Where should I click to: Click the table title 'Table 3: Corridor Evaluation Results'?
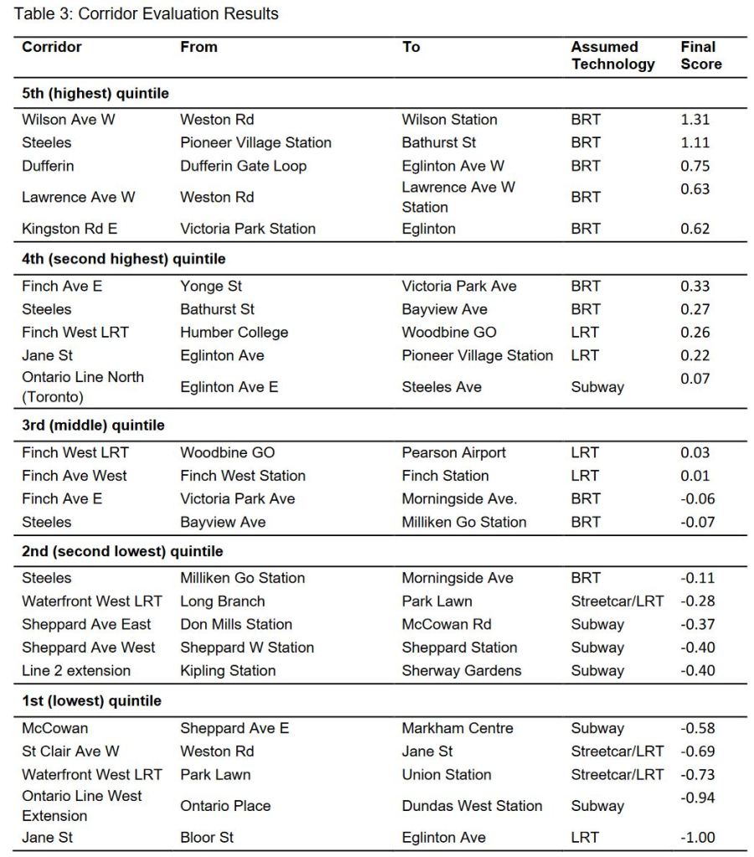(x=146, y=14)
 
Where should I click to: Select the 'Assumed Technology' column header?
(x=612, y=55)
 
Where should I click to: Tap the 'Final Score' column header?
(x=700, y=55)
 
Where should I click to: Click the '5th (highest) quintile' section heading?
(x=96, y=93)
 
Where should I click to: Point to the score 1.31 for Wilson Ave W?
(x=695, y=120)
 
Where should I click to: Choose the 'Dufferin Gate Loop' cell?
(x=243, y=166)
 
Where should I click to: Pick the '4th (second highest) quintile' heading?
(x=123, y=259)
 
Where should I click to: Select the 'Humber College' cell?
(x=234, y=333)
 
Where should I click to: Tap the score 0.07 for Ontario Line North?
(x=695, y=379)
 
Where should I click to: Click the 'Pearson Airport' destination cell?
(x=453, y=452)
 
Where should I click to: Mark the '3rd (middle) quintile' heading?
(x=93, y=425)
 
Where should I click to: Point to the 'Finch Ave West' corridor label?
(x=75, y=476)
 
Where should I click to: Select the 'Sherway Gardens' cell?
(x=461, y=670)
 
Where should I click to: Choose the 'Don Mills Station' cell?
(x=236, y=624)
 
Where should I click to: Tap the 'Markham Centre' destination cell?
(x=457, y=728)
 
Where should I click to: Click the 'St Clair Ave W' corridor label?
(x=70, y=751)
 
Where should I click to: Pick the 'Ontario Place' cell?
(x=225, y=806)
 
